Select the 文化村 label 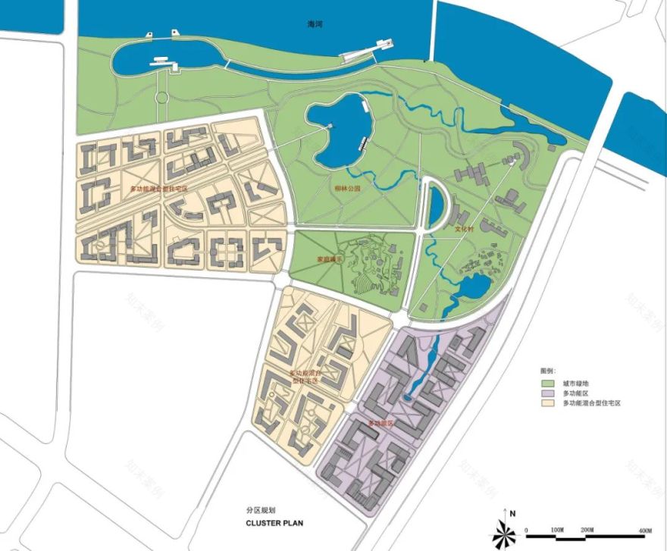click(x=463, y=228)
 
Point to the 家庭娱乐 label click(x=330, y=260)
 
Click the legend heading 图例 click(x=548, y=371)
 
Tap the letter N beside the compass click(x=513, y=514)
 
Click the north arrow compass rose click(x=504, y=532)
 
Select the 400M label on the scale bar click(x=646, y=528)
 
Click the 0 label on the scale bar click(x=527, y=528)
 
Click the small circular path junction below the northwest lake click(x=160, y=97)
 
